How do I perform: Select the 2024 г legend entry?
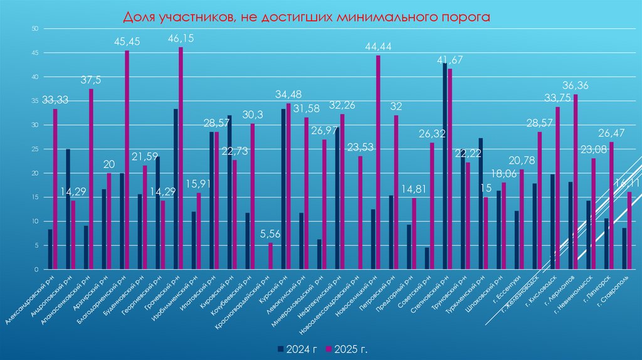point(297,348)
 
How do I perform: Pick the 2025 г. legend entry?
point(351,348)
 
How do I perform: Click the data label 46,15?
point(181,39)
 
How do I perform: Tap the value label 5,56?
point(270,234)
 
